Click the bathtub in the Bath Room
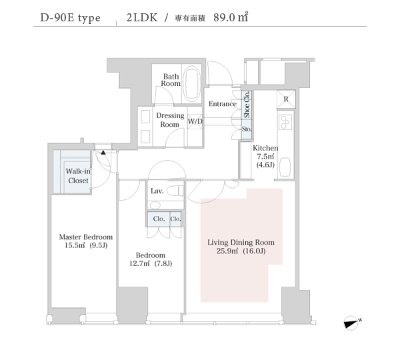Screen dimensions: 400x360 [x=192, y=83]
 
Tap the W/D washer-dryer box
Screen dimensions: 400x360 [x=195, y=121]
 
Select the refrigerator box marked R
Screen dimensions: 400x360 [x=286, y=99]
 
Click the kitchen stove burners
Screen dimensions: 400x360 [x=285, y=122]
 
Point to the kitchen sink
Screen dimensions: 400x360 [x=285, y=167]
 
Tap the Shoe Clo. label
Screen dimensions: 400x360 [x=247, y=105]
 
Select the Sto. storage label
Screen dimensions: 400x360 [x=247, y=129]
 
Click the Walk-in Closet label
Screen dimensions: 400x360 [x=77, y=176]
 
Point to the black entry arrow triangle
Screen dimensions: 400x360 [x=103, y=153]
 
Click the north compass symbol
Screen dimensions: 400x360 [x=352, y=323]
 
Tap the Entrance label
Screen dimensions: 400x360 [x=223, y=104]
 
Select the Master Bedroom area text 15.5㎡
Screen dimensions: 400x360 [x=75, y=245]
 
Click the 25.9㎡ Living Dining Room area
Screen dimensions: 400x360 [x=227, y=251]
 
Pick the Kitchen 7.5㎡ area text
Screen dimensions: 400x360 [x=265, y=157]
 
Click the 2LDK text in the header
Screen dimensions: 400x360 [x=142, y=18]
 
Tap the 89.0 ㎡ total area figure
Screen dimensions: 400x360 [x=231, y=17]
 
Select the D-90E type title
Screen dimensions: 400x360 [x=71, y=19]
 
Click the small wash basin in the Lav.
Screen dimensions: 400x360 [x=155, y=205]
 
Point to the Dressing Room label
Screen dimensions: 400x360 [x=170, y=120]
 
